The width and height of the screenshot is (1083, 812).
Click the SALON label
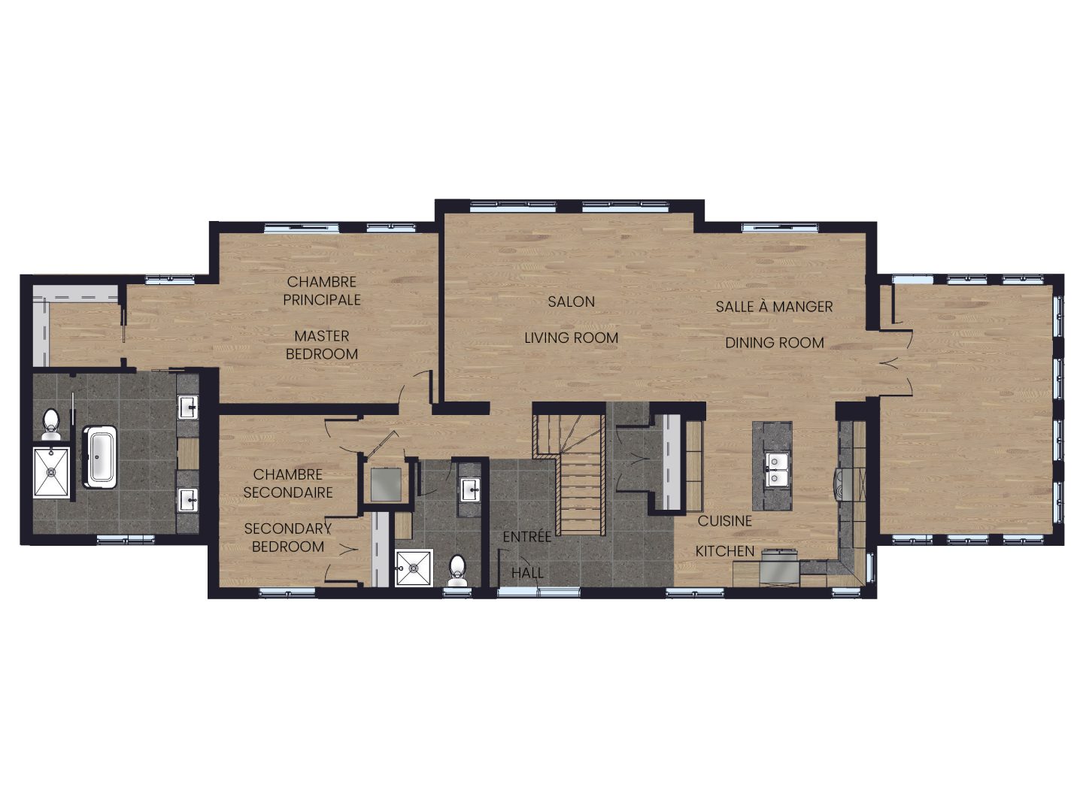(571, 301)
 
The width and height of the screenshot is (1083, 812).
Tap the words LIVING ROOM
(571, 338)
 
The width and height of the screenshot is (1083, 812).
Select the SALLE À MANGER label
(774, 307)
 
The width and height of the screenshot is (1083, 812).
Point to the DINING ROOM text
(774, 343)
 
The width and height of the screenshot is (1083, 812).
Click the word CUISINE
(724, 520)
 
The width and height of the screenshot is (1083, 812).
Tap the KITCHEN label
(725, 551)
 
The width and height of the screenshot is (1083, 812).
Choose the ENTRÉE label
(527, 536)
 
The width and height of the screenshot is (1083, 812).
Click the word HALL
(527, 573)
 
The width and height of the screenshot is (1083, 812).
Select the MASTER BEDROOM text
(322, 345)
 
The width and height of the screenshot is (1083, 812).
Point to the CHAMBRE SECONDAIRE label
(287, 483)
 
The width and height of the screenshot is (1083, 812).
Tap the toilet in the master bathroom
(51, 425)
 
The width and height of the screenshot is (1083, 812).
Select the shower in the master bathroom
(51, 473)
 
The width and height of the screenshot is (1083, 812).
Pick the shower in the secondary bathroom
(414, 568)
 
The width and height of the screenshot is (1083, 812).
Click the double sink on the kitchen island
(772, 470)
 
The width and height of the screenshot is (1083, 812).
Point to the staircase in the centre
(573, 474)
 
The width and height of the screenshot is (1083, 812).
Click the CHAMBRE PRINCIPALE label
(322, 291)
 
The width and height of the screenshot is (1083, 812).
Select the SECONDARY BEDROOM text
(287, 538)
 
